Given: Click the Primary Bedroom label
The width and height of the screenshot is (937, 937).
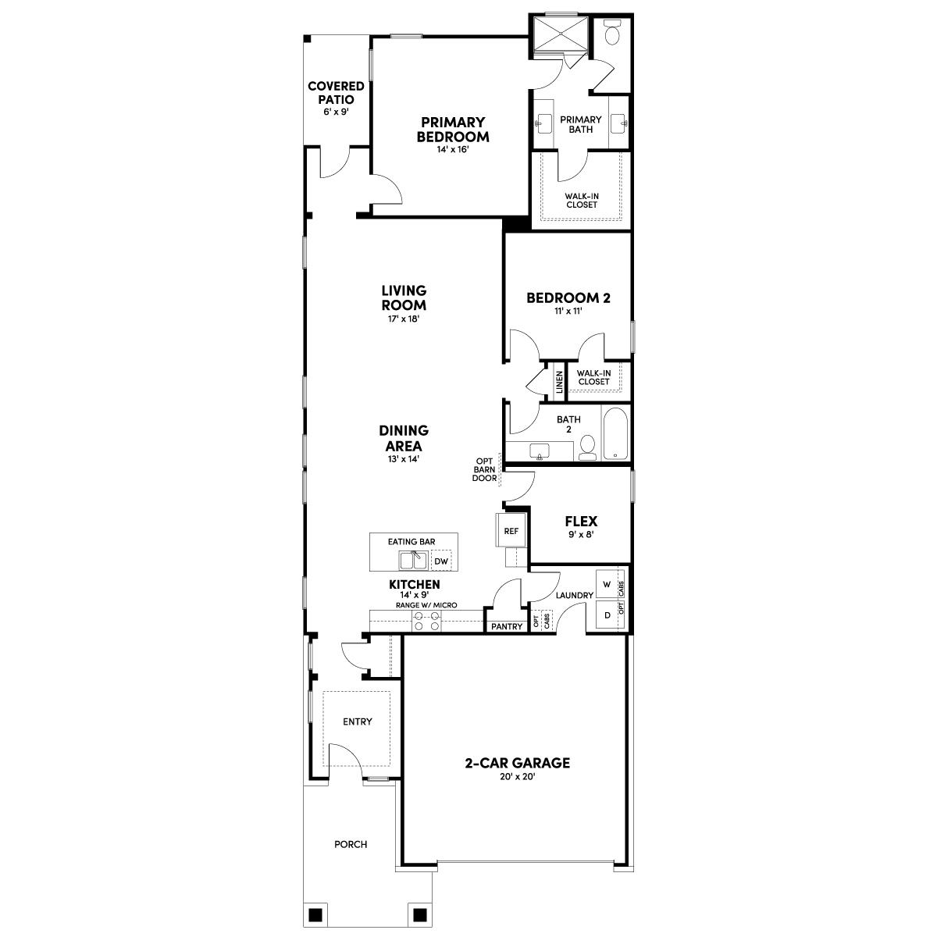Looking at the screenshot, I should coord(453,130).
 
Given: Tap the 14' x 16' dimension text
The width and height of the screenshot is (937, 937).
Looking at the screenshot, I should coord(453,150).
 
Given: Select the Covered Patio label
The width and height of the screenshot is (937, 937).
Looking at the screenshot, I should coord(336,93).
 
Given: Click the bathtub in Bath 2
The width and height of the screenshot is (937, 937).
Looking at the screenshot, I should coord(616,433).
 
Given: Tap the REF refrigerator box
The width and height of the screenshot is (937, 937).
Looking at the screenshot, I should coord(511,531).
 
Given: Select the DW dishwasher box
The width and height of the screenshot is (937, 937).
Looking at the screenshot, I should coord(441,561).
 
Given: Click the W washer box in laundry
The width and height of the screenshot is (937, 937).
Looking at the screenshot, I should coord(607,584).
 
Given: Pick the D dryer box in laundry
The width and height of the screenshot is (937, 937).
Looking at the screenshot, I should coord(607,615).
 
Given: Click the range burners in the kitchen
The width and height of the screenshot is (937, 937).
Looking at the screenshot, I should coord(427,621).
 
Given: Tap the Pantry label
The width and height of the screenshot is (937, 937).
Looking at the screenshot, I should coord(507,626).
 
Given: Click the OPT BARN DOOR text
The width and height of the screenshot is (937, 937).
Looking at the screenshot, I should coord(484,469).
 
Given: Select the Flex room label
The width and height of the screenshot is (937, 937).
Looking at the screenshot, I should coord(581,522).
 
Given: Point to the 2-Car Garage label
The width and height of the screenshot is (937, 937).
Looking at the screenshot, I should coord(518,763).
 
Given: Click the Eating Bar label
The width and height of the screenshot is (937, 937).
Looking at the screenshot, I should coord(411,541).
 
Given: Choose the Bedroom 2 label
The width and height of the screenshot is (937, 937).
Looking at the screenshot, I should coord(568,297).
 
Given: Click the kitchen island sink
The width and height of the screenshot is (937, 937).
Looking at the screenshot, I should coord(411,560).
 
